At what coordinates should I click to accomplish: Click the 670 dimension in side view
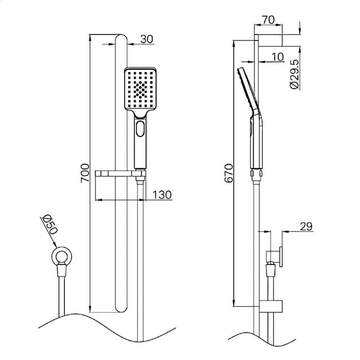229,173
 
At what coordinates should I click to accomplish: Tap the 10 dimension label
278,57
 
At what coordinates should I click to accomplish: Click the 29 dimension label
305,225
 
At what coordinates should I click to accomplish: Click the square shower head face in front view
140,88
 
